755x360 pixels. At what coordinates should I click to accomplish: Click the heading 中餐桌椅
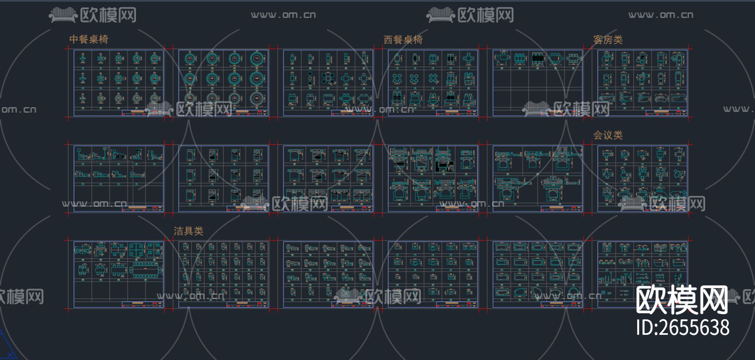(x=89, y=39)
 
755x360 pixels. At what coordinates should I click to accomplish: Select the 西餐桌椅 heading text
(x=403, y=40)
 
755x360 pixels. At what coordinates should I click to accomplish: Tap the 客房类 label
(x=608, y=40)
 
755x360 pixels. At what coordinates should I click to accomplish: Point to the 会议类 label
(x=608, y=135)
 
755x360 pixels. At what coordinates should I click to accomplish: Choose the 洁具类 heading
(x=188, y=231)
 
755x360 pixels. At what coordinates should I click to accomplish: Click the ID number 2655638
(x=682, y=328)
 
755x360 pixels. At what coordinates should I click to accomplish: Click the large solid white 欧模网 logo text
(x=682, y=300)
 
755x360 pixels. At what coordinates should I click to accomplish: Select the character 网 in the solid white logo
(x=712, y=300)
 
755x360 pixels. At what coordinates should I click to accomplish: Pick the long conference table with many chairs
(x=146, y=271)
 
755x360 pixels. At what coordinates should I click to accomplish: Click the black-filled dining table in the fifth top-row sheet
(x=537, y=58)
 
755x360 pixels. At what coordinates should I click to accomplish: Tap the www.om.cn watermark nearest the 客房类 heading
(x=661, y=15)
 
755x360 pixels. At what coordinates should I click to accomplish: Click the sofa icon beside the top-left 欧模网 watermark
(x=63, y=16)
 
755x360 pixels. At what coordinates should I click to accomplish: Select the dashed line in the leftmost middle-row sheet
(x=133, y=185)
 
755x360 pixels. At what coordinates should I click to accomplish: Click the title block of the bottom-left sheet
(x=142, y=304)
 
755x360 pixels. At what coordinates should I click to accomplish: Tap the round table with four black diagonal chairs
(x=328, y=78)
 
